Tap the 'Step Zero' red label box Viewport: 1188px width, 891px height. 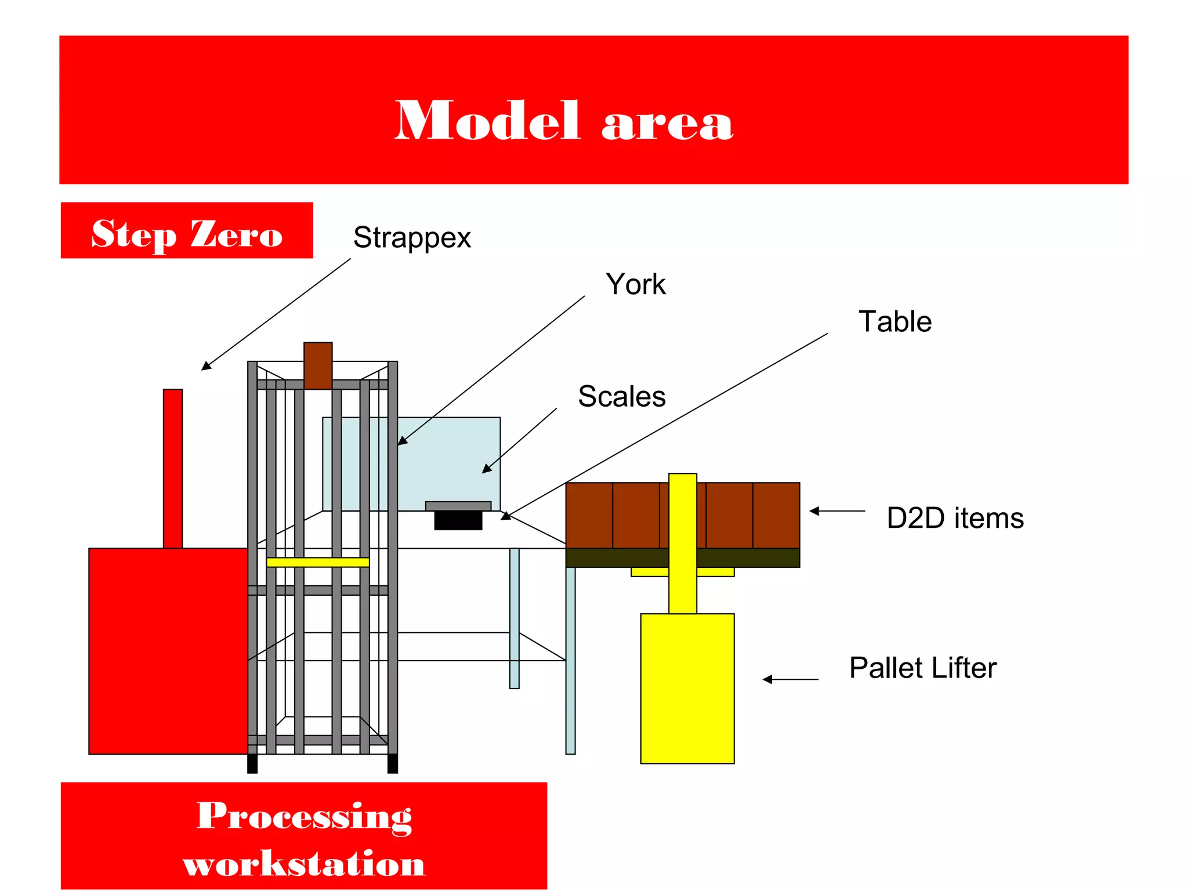tap(187, 231)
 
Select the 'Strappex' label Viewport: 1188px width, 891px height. tap(412, 237)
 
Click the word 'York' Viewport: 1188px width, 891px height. tap(635, 284)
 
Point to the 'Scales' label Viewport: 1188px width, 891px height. tap(621, 397)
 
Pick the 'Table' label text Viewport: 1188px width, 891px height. tap(894, 321)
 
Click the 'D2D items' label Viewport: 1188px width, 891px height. tap(955, 518)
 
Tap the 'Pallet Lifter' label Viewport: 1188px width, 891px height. tap(922, 668)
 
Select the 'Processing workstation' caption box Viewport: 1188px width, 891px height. tap(304, 836)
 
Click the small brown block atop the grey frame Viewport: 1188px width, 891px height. tap(318, 365)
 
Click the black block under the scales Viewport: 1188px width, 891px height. tap(458, 520)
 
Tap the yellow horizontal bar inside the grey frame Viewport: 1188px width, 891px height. tap(318, 562)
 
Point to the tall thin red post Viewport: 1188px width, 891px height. tap(173, 468)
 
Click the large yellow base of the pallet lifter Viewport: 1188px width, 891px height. tap(687, 688)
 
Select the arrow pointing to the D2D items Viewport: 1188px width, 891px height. tap(837, 511)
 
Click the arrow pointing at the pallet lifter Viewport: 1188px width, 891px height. tap(790, 679)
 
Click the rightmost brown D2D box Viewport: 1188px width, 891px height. tap(776, 515)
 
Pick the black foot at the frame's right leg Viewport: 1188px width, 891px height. tap(393, 763)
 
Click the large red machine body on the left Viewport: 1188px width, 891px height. tap(168, 650)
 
